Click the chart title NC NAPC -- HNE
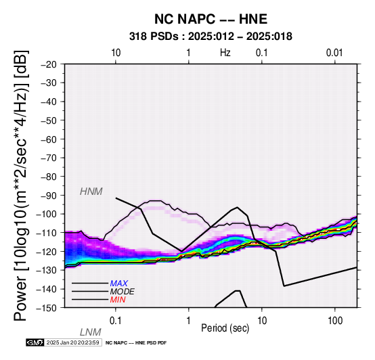tap(211, 19)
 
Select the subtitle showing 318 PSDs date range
tap(211, 37)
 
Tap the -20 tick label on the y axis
tap(49, 64)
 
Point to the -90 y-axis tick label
tap(49, 196)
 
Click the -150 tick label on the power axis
tap(47, 308)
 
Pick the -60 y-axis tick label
tap(49, 139)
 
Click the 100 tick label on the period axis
tap(335, 321)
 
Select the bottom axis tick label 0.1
tap(116, 321)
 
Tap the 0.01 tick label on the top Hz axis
tap(335, 53)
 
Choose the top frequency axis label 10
tap(116, 53)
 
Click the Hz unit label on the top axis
tap(225, 53)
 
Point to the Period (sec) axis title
tap(225, 328)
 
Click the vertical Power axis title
tap(21, 185)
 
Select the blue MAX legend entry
tap(119, 284)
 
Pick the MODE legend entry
tap(123, 292)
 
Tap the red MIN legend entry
tap(118, 300)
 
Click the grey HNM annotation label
tap(91, 192)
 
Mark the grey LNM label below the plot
tap(91, 332)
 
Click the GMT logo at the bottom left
tap(35, 342)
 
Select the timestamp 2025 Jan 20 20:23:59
tap(72, 342)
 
